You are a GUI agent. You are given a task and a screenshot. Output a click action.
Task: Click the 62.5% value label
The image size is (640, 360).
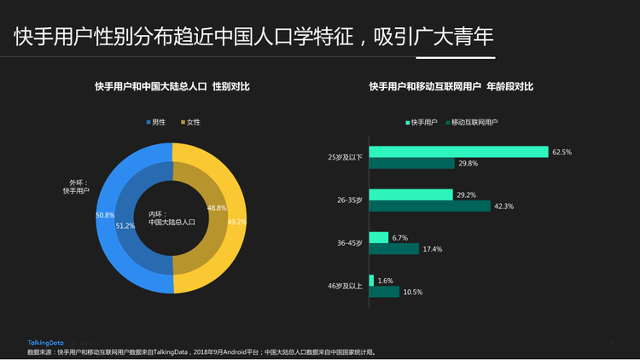click(x=561, y=152)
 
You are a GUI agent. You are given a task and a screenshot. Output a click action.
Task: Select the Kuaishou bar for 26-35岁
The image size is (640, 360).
click(x=410, y=195)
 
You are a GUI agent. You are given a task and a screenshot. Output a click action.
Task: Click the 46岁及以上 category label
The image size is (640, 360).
click(x=346, y=286)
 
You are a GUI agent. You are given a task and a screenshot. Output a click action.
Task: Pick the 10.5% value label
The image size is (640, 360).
click(x=412, y=292)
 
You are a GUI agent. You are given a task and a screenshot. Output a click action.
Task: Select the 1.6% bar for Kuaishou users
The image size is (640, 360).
click(x=370, y=280)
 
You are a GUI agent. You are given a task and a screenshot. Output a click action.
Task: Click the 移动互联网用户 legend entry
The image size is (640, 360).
click(x=470, y=123)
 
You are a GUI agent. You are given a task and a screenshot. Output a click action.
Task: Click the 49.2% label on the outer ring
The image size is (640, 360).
click(x=236, y=222)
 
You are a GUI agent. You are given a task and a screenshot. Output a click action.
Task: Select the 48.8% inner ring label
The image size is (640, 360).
click(x=217, y=208)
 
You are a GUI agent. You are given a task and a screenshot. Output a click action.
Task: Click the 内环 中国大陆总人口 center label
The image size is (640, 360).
click(x=172, y=218)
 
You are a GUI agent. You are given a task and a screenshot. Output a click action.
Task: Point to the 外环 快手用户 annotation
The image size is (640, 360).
click(x=76, y=186)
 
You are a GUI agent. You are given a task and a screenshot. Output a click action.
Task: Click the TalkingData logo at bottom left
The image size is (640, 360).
click(x=44, y=342)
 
